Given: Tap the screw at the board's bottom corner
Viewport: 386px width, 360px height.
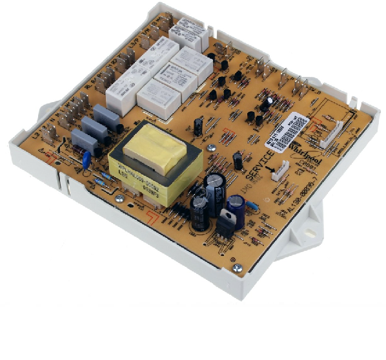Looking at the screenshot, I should point(238,268).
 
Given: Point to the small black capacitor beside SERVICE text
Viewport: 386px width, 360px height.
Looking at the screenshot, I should point(238,160).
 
